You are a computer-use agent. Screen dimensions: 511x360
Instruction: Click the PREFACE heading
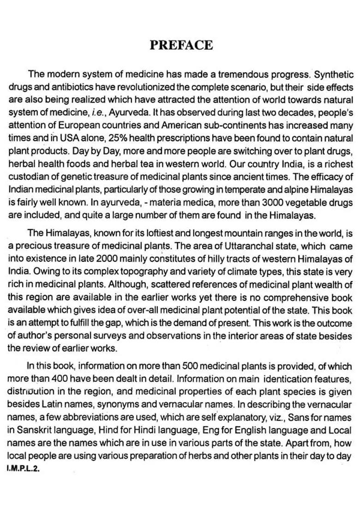pos(181,45)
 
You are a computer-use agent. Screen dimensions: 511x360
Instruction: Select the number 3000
pos(276,202)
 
